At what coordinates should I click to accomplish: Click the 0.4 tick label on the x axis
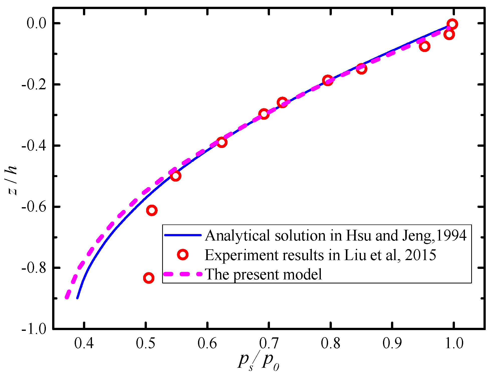point(84,343)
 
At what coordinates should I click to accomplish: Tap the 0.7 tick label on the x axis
point(269,343)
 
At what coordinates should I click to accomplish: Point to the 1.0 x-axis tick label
point(454,343)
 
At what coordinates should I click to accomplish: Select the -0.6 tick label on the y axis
point(34,207)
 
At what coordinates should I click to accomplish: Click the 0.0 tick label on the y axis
point(37,23)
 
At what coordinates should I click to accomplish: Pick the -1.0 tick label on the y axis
point(34,329)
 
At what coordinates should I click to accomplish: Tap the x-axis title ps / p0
point(258,362)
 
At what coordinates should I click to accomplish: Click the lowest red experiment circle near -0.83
point(149,278)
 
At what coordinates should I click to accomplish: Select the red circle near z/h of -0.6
point(152,210)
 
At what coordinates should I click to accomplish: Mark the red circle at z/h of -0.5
point(175,176)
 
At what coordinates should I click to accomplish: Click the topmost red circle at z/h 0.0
point(452,24)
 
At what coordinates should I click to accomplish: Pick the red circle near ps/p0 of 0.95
point(425,46)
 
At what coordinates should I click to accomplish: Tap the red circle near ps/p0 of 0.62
point(222,142)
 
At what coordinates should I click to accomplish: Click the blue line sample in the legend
point(183,235)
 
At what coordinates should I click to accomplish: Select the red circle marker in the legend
point(183,255)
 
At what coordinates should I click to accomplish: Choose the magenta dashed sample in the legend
point(183,274)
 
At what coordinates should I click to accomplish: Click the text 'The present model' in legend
point(263,274)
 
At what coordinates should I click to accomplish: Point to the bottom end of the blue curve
point(77,297)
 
